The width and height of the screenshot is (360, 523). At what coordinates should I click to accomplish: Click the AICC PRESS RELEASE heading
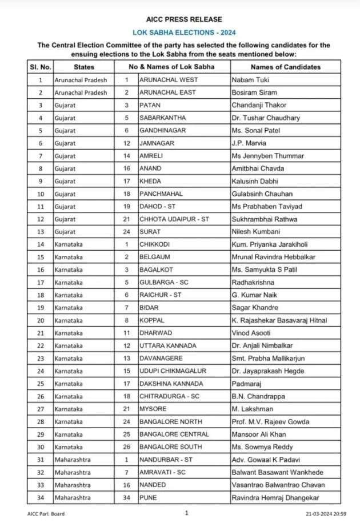pos(180,19)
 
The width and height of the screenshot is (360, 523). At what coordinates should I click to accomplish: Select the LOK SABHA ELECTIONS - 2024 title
pos(180,33)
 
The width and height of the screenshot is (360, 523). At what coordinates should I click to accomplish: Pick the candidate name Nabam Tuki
pos(250,80)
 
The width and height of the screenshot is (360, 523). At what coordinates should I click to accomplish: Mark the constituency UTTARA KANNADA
pos(168,345)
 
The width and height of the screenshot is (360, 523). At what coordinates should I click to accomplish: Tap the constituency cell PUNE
pos(149,497)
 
